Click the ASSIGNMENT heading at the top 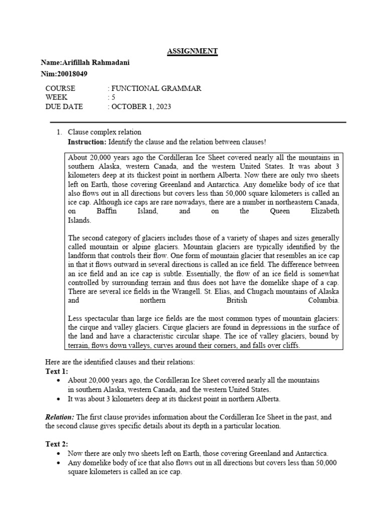coord(192,51)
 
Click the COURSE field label coord(60,88)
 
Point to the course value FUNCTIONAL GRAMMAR coord(156,88)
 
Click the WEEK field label coord(56,97)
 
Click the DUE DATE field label coord(64,106)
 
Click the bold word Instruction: coord(87,143)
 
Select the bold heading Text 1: coord(56,371)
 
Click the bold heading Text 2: coord(56,444)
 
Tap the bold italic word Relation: coord(60,417)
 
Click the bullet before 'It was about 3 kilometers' coord(60,400)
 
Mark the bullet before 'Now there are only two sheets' coord(60,454)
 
